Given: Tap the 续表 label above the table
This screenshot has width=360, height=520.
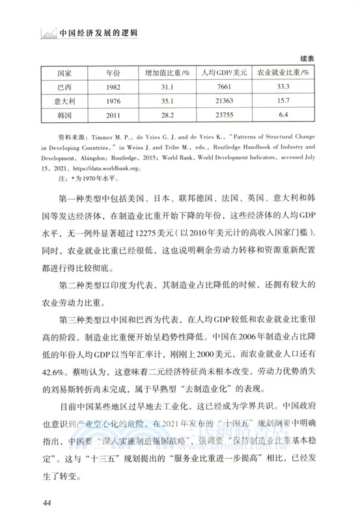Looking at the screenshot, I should [307, 58].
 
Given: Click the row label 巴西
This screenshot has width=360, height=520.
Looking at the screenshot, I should [64, 86].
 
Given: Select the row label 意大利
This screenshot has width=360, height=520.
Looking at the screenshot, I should [64, 100].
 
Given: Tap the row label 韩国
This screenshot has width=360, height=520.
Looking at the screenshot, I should [64, 114].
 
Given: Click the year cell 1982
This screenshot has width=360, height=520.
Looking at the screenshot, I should [114, 86].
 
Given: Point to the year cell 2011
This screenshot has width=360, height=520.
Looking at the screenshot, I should [114, 114].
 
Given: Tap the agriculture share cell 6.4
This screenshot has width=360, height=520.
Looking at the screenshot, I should [283, 114].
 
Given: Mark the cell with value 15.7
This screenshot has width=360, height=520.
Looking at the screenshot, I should [283, 100].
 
